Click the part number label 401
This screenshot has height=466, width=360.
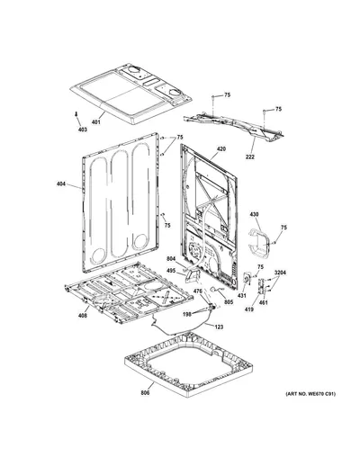[x=96, y=122]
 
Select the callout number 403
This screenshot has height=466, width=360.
[x=83, y=130]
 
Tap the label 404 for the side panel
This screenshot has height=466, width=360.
[x=61, y=184]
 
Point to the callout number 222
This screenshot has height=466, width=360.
[x=250, y=157]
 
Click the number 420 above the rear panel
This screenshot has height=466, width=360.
[x=221, y=149]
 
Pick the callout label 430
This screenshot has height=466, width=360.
[x=254, y=214]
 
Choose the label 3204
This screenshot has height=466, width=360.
[x=280, y=273]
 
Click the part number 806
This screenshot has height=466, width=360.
[x=145, y=393]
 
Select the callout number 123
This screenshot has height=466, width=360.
[x=219, y=327]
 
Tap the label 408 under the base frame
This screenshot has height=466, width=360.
[x=83, y=316]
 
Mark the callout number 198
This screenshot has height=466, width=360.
[x=187, y=314]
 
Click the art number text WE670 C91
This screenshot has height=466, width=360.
[x=319, y=394]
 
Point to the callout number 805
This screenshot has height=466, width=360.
[x=229, y=302]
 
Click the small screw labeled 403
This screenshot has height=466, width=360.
[x=76, y=114]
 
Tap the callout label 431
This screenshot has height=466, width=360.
[x=242, y=296]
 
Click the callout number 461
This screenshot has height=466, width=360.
[x=263, y=302]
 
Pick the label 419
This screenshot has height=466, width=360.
[x=248, y=309]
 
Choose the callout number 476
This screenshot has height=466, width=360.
[x=197, y=291]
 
